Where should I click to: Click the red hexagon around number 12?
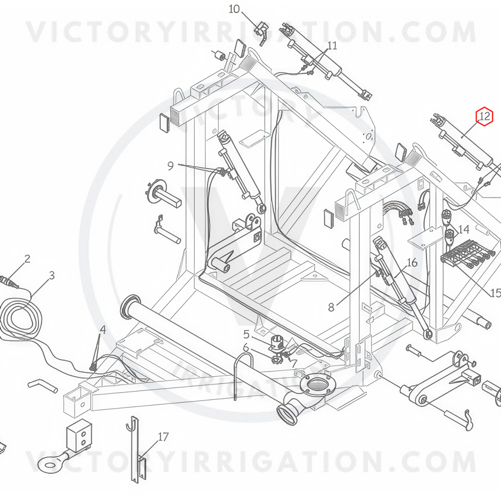pyautogui.click(x=484, y=117)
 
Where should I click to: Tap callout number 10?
pyautogui.click(x=234, y=9)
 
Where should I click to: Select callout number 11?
pyautogui.click(x=332, y=46)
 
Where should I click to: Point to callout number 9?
pyautogui.click(x=170, y=166)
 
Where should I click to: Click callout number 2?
pyautogui.click(x=27, y=259)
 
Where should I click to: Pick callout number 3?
pyautogui.click(x=52, y=276)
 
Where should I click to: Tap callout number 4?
pyautogui.click(x=102, y=329)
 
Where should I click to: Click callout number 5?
pyautogui.click(x=246, y=335)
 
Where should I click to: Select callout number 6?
pyautogui.click(x=245, y=347)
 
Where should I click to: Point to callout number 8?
pyautogui.click(x=331, y=308)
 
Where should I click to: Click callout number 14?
pyautogui.click(x=464, y=229)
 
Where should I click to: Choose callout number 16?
pyautogui.click(x=412, y=263)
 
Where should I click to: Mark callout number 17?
pyautogui.click(x=163, y=437)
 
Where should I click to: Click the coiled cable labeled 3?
pyautogui.click(x=22, y=321)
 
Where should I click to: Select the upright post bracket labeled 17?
pyautogui.click(x=138, y=454)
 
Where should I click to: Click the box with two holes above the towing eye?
pyautogui.click(x=79, y=436)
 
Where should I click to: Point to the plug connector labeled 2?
pyautogui.click(x=9, y=282)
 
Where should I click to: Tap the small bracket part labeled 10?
pyautogui.click(x=261, y=33)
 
